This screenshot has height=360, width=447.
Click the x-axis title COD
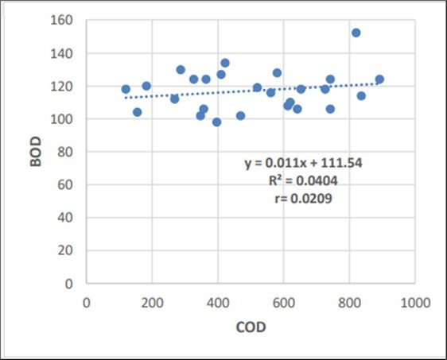pos(251,327)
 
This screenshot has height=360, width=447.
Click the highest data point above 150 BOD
pos(356,33)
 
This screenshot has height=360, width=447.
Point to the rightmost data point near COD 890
pos(379,79)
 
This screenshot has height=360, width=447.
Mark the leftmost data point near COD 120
pos(126,89)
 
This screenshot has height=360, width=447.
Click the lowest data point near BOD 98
pos(216,122)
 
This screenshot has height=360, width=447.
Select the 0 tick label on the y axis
pos(72,283)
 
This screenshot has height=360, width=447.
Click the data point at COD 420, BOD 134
pos(225,63)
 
